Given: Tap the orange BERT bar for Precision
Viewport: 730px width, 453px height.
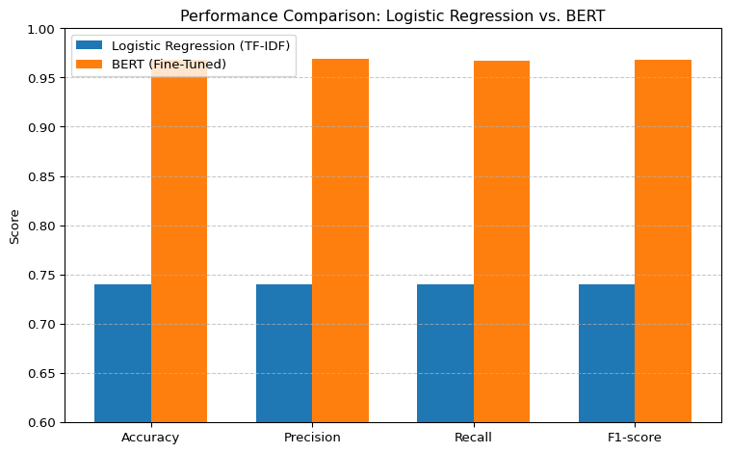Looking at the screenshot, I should pyautogui.click(x=340, y=241).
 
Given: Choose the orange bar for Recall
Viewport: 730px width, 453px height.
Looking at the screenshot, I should pyautogui.click(x=502, y=241).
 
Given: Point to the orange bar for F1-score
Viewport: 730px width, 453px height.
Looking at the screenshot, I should pyautogui.click(x=663, y=241).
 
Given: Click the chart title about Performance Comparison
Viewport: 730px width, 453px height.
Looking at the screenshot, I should pyautogui.click(x=392, y=15).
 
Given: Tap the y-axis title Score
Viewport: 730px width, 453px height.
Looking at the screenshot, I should pyautogui.click(x=14, y=226).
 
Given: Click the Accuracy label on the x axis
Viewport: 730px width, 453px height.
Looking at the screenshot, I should pyautogui.click(x=150, y=438).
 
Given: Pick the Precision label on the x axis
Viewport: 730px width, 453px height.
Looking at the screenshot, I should pyautogui.click(x=312, y=438).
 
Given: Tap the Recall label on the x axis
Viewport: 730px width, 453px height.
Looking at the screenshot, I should pyautogui.click(x=473, y=438).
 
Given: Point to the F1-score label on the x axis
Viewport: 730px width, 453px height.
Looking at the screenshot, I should pyautogui.click(x=635, y=438).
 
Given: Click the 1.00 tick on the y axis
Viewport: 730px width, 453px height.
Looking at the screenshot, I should pyautogui.click(x=42, y=29).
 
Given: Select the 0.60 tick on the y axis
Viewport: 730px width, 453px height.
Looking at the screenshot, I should pyautogui.click(x=42, y=422).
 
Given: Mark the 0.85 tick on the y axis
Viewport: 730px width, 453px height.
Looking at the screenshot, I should pyautogui.click(x=42, y=176).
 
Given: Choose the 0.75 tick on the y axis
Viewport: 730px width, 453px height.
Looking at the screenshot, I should pyautogui.click(x=42, y=275).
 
